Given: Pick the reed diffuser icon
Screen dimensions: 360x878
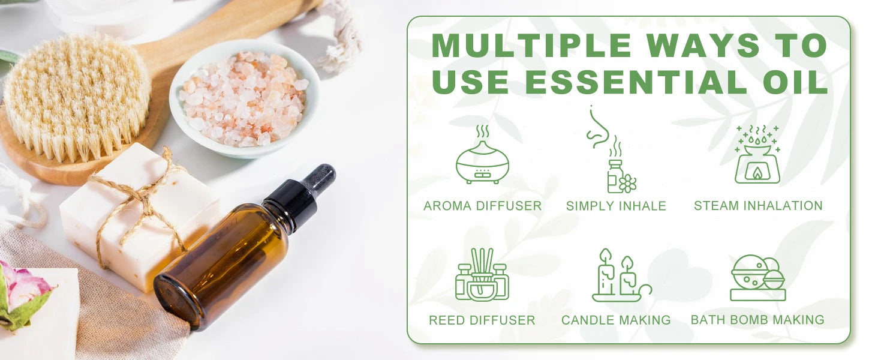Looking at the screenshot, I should (482, 274).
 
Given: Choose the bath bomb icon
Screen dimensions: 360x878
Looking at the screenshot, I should (757, 277).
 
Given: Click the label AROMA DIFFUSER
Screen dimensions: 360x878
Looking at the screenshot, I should (482, 206).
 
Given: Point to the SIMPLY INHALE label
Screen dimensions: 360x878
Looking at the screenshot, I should (616, 206).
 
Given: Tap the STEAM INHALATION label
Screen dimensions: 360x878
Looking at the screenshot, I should (758, 205).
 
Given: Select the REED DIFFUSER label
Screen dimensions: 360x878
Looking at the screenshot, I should (482, 320).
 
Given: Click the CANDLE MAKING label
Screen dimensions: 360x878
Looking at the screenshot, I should (616, 320).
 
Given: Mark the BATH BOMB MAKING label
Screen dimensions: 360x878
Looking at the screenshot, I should (757, 320).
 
